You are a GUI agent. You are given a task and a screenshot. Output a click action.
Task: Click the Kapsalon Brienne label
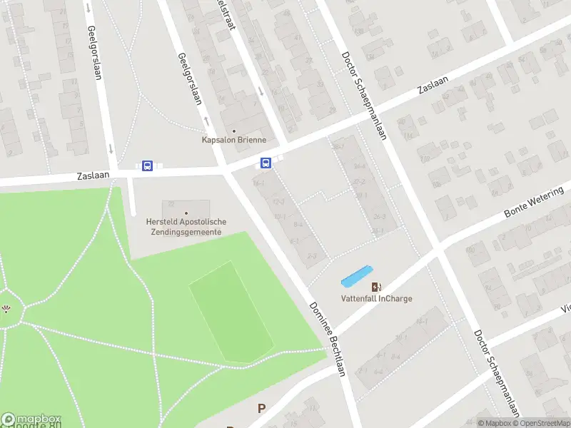[234, 141]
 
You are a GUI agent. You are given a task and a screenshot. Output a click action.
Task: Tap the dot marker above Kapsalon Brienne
[233, 131]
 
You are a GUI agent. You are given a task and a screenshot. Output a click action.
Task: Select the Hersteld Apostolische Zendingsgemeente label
[186, 227]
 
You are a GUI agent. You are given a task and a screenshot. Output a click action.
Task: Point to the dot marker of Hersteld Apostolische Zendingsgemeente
[186, 213]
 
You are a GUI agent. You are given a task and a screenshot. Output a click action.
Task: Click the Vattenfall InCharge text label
[376, 299]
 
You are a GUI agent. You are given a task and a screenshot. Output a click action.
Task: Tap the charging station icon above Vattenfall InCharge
[376, 287]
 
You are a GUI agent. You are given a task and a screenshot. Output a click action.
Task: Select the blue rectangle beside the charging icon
[357, 276]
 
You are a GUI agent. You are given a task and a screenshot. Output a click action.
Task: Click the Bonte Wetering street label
[534, 203]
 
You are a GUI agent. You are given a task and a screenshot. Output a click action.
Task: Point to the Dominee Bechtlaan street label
[328, 339]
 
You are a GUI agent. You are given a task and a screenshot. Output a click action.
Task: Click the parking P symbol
[262, 409]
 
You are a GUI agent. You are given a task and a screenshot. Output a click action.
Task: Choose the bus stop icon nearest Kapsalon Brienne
[266, 163]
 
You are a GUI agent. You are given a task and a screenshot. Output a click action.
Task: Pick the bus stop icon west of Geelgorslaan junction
[147, 166]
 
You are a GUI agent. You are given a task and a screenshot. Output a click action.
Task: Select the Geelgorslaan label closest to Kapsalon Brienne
[191, 78]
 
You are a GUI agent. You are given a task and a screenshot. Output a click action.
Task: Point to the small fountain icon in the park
[6, 309]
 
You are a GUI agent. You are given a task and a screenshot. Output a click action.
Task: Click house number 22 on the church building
[171, 204]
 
